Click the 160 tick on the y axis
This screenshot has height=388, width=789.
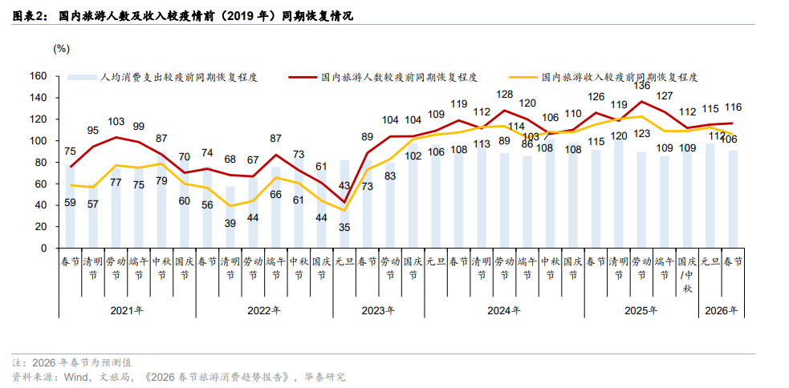39,76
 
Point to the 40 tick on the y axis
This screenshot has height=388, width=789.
43,205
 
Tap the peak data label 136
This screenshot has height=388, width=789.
642,85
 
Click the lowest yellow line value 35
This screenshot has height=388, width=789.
344,227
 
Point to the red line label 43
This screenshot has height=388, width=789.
344,186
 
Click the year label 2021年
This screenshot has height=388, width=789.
127,310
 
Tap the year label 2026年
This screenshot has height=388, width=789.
721,310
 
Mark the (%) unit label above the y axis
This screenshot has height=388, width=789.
62,48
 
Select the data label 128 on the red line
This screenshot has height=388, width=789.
504,95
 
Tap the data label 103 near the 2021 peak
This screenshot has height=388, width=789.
116,122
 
